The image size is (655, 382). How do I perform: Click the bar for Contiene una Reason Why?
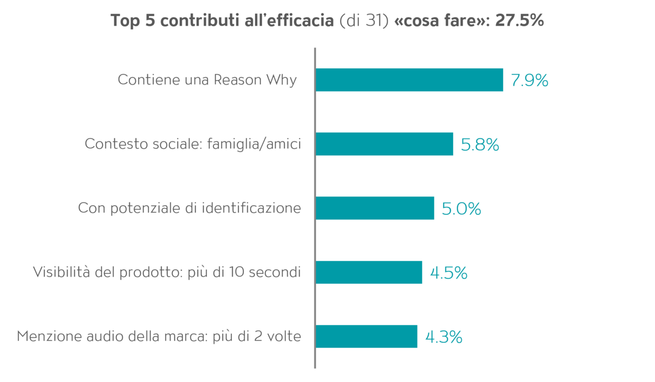[409, 80]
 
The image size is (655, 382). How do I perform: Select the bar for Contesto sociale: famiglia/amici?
[384, 144]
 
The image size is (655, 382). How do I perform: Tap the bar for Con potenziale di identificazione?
[375, 208]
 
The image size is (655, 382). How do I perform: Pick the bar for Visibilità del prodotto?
[369, 272]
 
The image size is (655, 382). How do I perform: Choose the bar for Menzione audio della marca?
[366, 336]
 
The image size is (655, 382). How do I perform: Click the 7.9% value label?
[529, 80]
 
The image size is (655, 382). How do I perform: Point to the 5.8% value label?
[480, 145]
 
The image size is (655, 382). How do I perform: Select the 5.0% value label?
[461, 208]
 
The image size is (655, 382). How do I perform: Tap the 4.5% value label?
[449, 273]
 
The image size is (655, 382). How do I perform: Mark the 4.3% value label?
[444, 337]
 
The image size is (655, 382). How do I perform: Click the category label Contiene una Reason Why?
[207, 80]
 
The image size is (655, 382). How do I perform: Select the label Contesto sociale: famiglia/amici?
[193, 144]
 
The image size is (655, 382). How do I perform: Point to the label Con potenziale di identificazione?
[189, 208]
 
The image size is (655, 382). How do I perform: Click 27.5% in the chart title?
[519, 20]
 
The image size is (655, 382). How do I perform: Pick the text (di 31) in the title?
[364, 21]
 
